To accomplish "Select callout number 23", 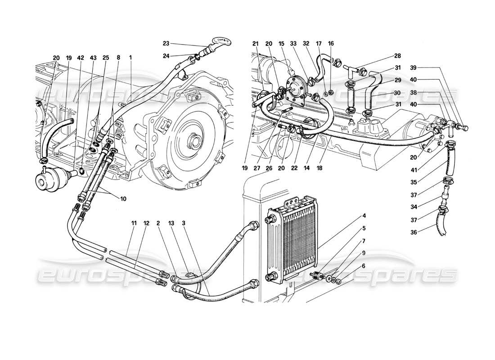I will (166, 44).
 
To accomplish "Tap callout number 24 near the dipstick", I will (166, 56).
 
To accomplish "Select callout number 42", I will (80, 58).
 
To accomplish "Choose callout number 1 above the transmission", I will (130, 58).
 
